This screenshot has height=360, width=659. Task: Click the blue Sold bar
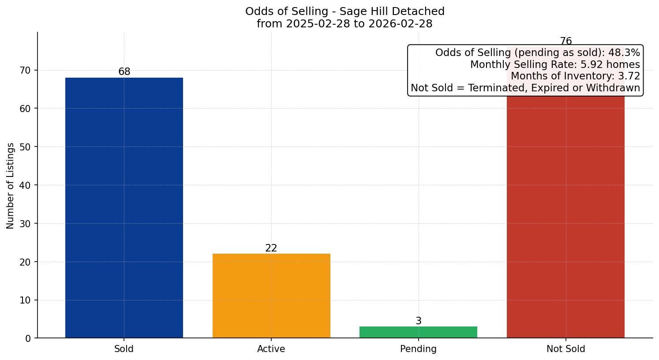coord(124,207)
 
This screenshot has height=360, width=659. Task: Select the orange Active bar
coord(271,296)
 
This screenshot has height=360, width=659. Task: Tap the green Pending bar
coord(418,332)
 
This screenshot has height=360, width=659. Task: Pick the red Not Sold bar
coord(565,216)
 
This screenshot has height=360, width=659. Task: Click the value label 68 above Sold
coord(124,71)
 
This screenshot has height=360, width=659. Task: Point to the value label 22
coord(271,248)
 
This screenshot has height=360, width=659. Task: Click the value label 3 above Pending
coord(418,321)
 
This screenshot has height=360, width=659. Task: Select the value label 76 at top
coord(565,41)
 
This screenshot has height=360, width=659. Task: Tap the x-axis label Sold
coord(124,349)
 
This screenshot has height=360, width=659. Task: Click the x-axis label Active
coord(271,349)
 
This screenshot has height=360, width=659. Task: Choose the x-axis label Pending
coord(418,349)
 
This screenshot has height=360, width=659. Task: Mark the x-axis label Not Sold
coord(565,349)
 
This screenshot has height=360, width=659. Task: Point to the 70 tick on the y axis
coord(26,70)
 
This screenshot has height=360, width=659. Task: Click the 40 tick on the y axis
coord(26,185)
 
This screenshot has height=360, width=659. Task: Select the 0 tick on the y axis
coord(28,338)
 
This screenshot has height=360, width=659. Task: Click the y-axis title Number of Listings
coord(11,185)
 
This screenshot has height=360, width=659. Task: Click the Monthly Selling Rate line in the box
coord(554,64)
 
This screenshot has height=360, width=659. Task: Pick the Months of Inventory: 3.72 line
coord(575,76)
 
